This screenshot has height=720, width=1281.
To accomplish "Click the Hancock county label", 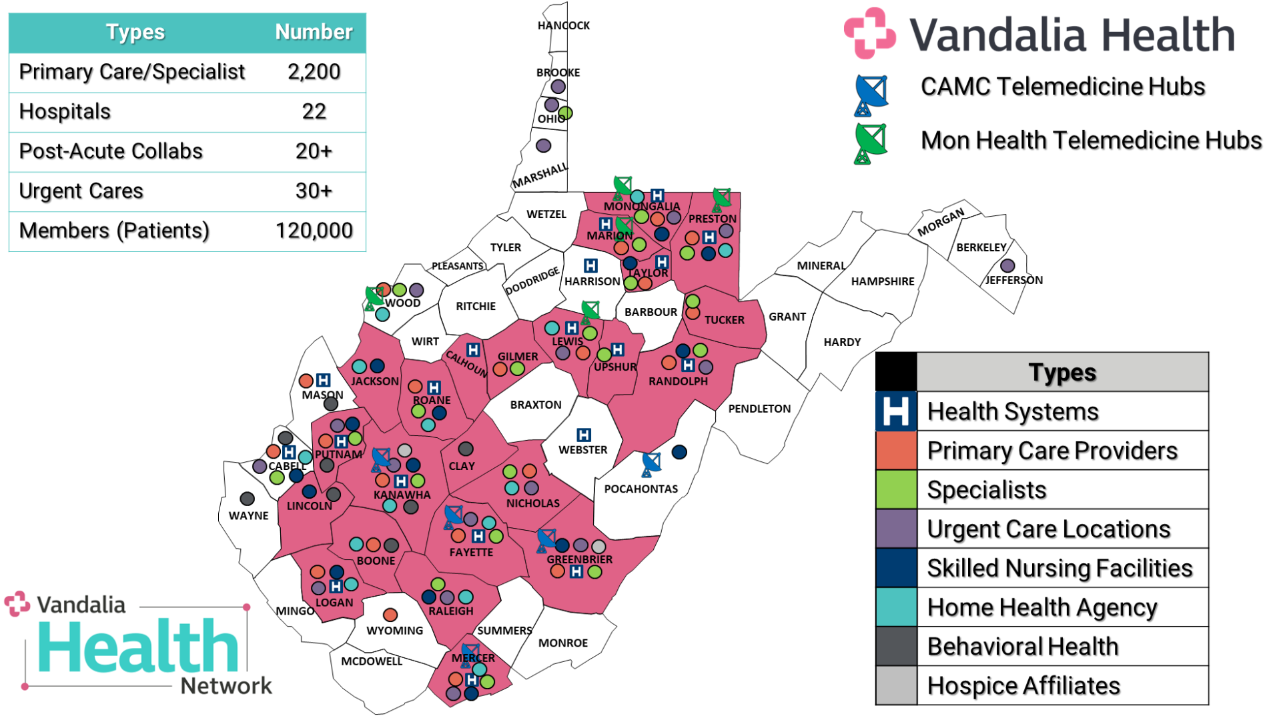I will click(x=564, y=25).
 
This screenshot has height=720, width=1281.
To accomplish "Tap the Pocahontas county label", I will click(x=640, y=489).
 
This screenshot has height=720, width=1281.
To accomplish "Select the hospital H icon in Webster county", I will click(x=584, y=435).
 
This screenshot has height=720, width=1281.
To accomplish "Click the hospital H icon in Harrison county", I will click(x=590, y=265).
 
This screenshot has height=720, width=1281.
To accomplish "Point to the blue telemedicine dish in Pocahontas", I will click(x=651, y=463).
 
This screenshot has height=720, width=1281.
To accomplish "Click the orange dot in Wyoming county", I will click(x=390, y=615).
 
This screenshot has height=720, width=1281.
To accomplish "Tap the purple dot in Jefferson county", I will click(x=1007, y=265).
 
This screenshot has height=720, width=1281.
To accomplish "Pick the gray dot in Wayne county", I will click(x=247, y=499).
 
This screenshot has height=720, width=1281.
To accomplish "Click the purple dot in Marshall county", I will click(x=544, y=145).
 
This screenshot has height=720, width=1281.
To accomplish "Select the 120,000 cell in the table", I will click(x=314, y=231).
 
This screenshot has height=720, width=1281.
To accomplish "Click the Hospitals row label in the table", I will click(x=65, y=111).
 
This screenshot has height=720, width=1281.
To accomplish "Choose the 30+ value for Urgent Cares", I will click(x=314, y=191).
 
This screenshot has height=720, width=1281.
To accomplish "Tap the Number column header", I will click(x=314, y=32).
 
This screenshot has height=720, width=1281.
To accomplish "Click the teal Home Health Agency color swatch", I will click(x=896, y=607).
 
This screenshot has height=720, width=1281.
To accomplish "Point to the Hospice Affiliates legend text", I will click(x=1023, y=685).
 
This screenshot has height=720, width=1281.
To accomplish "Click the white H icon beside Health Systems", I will click(x=896, y=411).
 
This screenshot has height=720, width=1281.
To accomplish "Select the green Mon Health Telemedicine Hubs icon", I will click(x=870, y=142).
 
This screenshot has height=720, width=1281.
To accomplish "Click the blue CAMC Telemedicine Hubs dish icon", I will click(x=871, y=94).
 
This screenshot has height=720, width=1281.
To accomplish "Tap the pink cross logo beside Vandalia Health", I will click(x=869, y=33).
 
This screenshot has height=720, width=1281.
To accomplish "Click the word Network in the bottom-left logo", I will click(x=226, y=685).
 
